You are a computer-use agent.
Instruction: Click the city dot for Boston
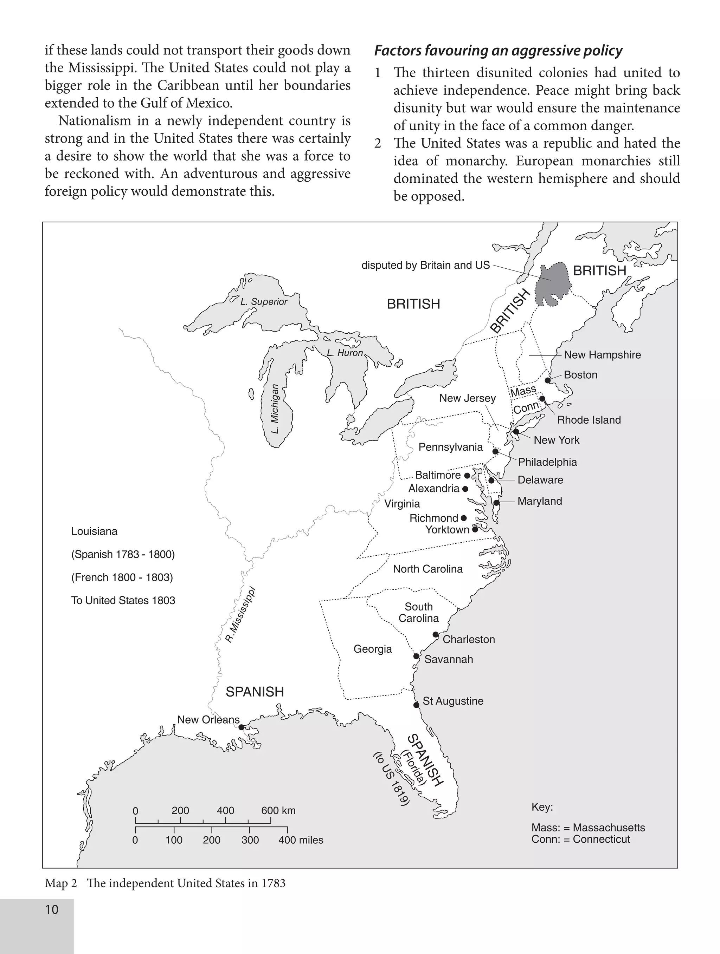click(x=547, y=380)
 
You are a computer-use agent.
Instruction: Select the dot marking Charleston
click(x=436, y=634)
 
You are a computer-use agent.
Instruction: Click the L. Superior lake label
click(x=263, y=301)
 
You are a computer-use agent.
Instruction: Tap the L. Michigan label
click(x=275, y=409)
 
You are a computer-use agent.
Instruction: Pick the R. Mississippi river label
click(x=240, y=615)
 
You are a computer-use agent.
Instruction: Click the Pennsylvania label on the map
click(x=450, y=447)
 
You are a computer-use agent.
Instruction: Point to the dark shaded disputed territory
click(x=553, y=285)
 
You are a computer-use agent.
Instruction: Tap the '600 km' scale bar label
click(x=278, y=810)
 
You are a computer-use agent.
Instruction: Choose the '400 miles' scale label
click(x=301, y=840)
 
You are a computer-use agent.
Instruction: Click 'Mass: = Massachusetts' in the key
click(x=588, y=828)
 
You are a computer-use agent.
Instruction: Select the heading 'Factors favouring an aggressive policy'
click(x=498, y=51)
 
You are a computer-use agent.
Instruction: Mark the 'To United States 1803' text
click(x=123, y=600)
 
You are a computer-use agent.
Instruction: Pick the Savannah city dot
click(x=416, y=656)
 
